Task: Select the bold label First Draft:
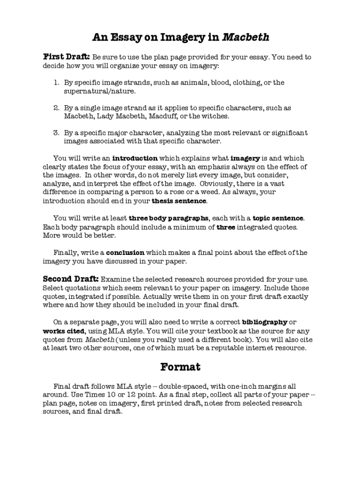pyautogui.click(x=66, y=57)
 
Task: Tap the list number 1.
pyautogui.click(x=56, y=83)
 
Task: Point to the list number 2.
pyautogui.click(x=56, y=108)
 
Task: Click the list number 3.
pyautogui.click(x=56, y=133)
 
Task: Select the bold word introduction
pyautogui.click(x=135, y=159)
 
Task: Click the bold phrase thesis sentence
pyautogui.click(x=179, y=201)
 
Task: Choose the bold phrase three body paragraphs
pyautogui.click(x=169, y=218)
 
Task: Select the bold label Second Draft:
pyautogui.click(x=71, y=279)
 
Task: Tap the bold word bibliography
pyautogui.click(x=265, y=322)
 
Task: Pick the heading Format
pyautogui.click(x=180, y=367)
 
